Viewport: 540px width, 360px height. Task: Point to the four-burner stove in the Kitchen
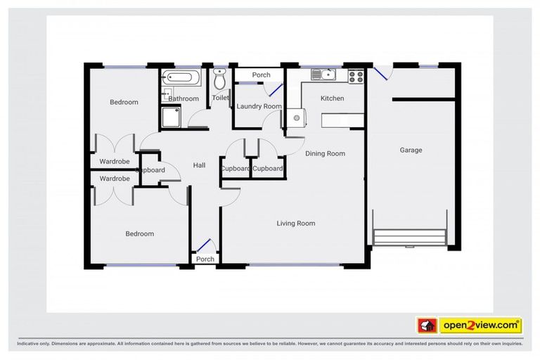pos(355,75)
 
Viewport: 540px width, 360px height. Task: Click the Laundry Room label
pos(259,106)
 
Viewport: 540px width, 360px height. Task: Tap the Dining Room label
pos(326,153)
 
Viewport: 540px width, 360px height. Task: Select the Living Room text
pos(295,224)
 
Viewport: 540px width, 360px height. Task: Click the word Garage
pos(411,150)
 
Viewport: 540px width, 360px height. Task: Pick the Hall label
pos(199,165)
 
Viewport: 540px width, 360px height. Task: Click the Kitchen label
pos(332,98)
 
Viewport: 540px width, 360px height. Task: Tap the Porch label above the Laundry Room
pos(261,75)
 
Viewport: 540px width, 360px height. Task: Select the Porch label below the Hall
pos(205,259)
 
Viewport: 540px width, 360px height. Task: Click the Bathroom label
pos(184,99)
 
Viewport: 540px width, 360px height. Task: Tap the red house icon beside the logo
pos(427,326)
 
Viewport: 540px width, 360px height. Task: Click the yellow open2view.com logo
pos(480,326)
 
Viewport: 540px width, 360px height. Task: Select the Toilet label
pos(220,98)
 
